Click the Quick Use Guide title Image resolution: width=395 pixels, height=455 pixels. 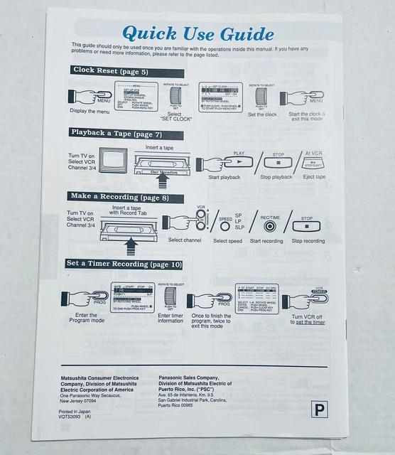pyautogui.click(x=197, y=33)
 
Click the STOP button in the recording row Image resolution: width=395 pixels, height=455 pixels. pyautogui.click(x=307, y=227)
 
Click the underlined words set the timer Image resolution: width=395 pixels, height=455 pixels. pyautogui.click(x=310, y=322)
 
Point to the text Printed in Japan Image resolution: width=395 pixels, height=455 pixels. pyautogui.click(x=75, y=410)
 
